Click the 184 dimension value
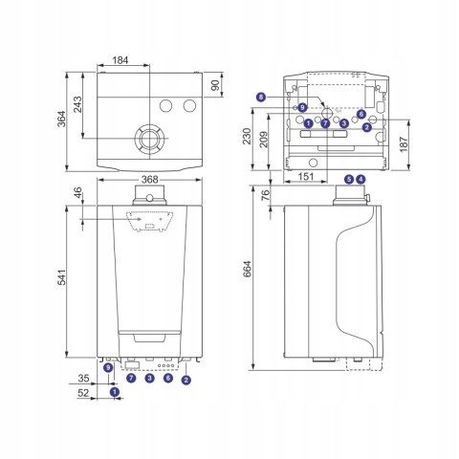[120, 60]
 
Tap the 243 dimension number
[77, 104]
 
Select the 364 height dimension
[61, 119]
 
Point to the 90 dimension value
[216, 85]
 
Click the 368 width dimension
[149, 180]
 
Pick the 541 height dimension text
[61, 277]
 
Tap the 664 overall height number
[247, 269]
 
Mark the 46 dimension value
[77, 193]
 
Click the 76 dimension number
[265, 195]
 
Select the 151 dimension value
[306, 176]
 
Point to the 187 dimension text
[404, 144]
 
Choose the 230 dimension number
[247, 136]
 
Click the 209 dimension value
[264, 140]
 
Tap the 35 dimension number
[83, 379]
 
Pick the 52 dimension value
[83, 393]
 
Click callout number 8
[261, 97]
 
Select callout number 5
[350, 179]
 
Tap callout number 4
[361, 179]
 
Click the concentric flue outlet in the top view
[149, 139]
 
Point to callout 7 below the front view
[131, 379]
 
